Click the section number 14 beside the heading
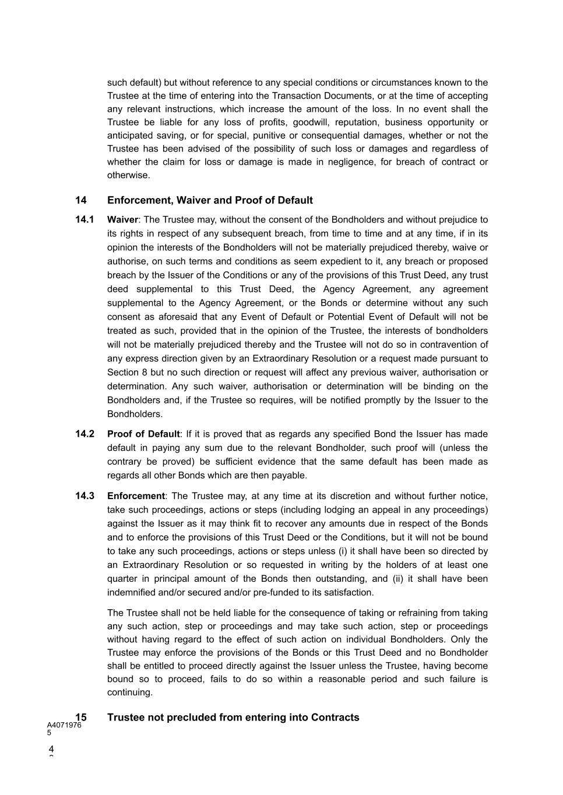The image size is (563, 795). click(81, 200)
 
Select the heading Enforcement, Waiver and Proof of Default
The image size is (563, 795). click(210, 200)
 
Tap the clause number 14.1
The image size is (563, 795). click(85, 220)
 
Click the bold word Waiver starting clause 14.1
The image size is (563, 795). click(122, 220)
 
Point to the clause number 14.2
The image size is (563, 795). click(85, 434)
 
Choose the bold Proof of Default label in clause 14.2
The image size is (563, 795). click(143, 434)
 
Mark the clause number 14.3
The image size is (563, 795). click(85, 496)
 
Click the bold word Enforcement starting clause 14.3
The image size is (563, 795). click(136, 496)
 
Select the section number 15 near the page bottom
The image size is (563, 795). click(81, 718)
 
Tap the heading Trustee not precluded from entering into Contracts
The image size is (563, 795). click(233, 718)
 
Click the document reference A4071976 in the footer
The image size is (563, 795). click(64, 725)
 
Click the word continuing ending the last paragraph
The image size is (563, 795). click(129, 692)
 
